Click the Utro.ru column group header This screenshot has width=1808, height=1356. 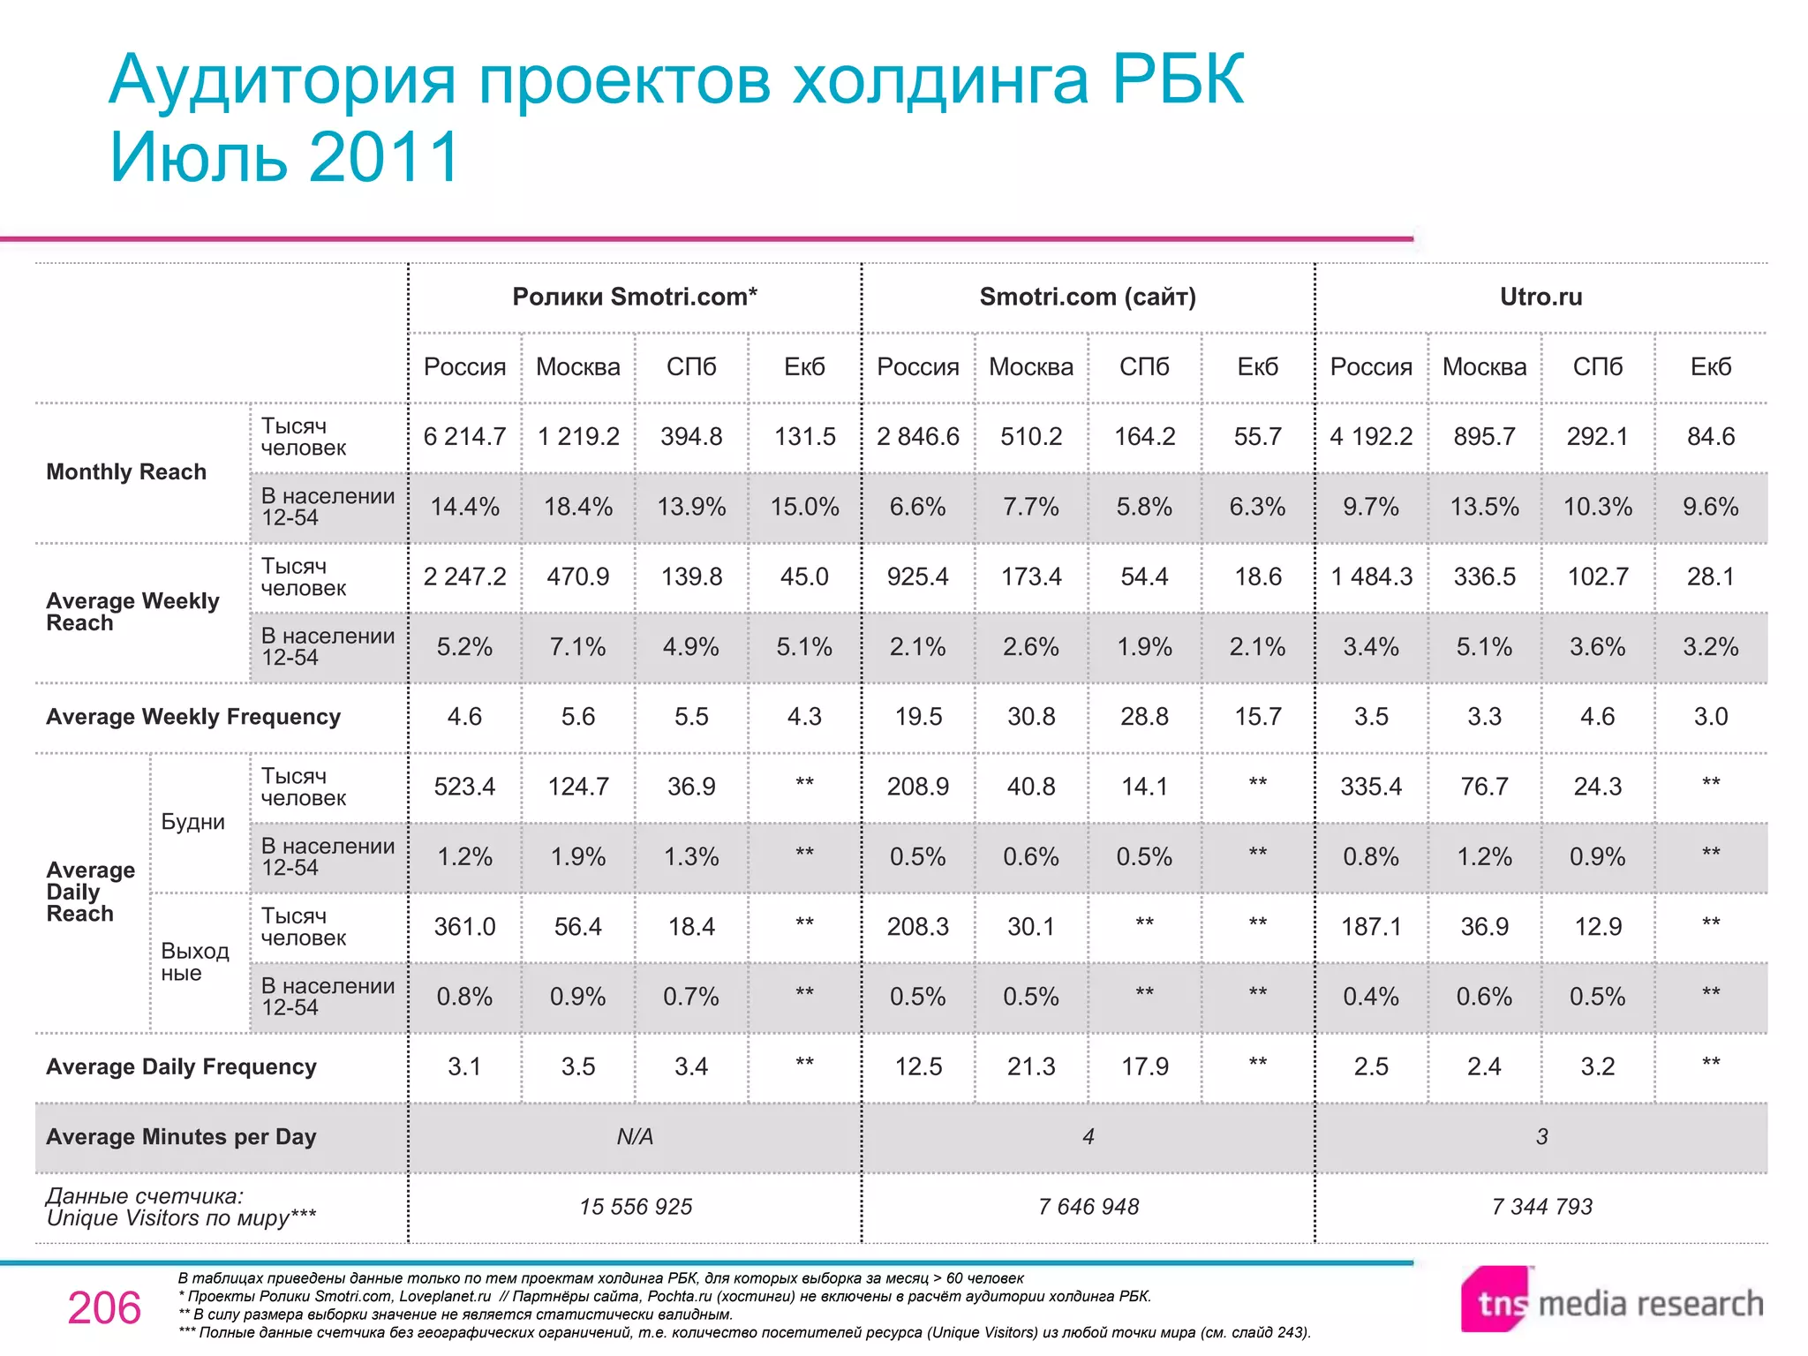[x=1541, y=297]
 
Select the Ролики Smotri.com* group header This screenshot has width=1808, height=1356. [x=635, y=297]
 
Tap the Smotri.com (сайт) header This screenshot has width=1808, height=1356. [x=1088, y=297]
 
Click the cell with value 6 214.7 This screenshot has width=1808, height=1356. [x=464, y=436]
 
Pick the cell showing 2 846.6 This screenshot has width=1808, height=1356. [x=917, y=436]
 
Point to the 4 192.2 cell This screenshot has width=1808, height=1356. [x=1371, y=436]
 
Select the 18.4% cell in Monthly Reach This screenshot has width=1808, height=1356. [x=578, y=507]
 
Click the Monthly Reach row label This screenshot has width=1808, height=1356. [x=126, y=472]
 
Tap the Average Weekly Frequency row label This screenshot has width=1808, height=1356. [x=193, y=717]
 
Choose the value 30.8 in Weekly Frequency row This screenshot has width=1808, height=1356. [x=1031, y=717]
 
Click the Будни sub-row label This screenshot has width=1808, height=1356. [x=192, y=822]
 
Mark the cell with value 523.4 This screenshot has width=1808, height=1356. [x=464, y=787]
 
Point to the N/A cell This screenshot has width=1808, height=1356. [x=635, y=1137]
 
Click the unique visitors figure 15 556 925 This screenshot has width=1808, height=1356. [x=636, y=1207]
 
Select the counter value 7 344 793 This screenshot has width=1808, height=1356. [x=1541, y=1207]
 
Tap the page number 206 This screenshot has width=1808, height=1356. [x=104, y=1308]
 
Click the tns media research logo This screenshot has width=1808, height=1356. [x=1611, y=1302]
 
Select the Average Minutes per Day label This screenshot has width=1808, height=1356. [x=181, y=1137]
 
